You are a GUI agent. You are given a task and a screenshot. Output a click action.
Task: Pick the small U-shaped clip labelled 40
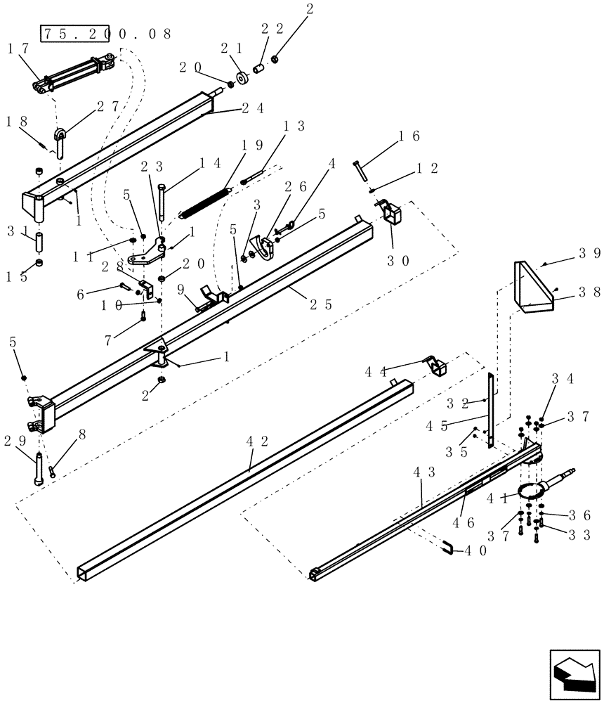click(x=447, y=547)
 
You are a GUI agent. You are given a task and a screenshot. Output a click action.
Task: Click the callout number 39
click(x=589, y=254)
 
